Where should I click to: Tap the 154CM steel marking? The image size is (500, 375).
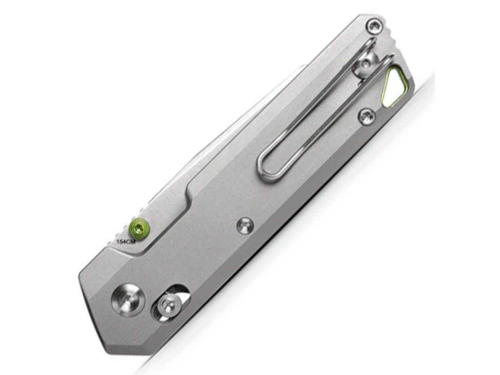[126, 242]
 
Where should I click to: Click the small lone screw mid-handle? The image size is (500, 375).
[245, 226]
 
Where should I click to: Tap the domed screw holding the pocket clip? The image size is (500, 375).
[367, 65]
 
